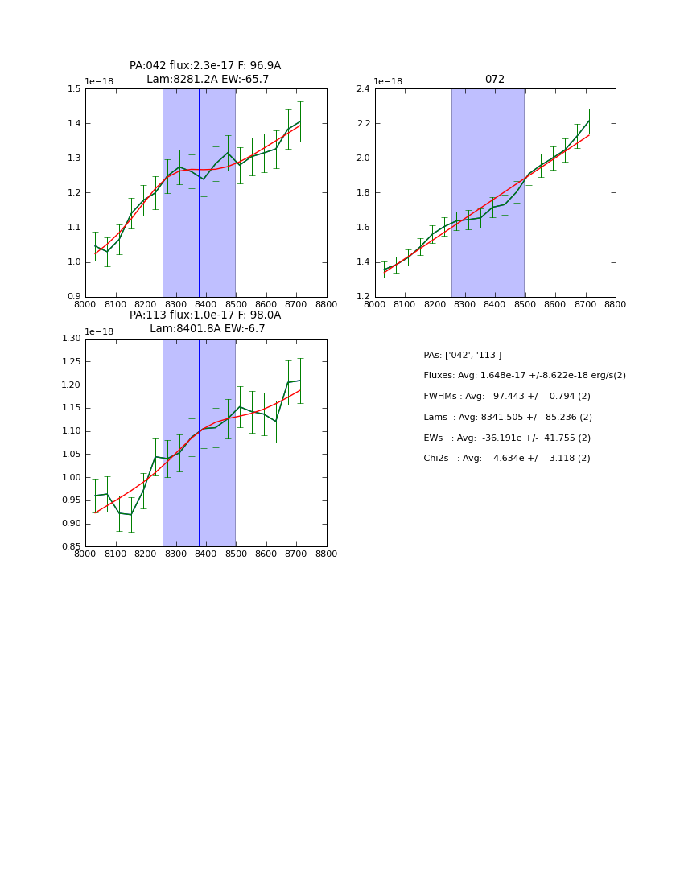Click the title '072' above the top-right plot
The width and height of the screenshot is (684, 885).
click(494, 80)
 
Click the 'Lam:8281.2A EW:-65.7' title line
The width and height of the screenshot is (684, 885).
click(208, 80)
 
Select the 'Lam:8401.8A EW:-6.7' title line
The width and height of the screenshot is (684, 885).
click(207, 329)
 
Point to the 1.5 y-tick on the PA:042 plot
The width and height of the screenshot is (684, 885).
click(74, 89)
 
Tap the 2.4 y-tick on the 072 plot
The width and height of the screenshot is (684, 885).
click(363, 89)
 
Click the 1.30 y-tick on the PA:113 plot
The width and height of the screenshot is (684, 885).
click(72, 339)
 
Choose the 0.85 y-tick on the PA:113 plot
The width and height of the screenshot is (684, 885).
click(72, 547)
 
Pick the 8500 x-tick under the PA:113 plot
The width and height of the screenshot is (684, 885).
click(236, 554)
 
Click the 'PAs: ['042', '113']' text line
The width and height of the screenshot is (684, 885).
click(462, 356)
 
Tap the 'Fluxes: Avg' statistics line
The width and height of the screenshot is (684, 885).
click(524, 376)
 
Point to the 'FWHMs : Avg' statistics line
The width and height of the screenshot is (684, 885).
click(507, 397)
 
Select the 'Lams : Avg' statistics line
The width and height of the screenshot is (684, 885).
click(508, 418)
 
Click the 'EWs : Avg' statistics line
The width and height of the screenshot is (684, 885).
click(507, 438)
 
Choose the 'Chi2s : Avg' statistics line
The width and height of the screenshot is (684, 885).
click(507, 459)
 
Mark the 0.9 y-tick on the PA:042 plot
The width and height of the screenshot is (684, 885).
click(74, 297)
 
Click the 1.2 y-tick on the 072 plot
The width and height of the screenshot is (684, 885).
click(363, 297)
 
